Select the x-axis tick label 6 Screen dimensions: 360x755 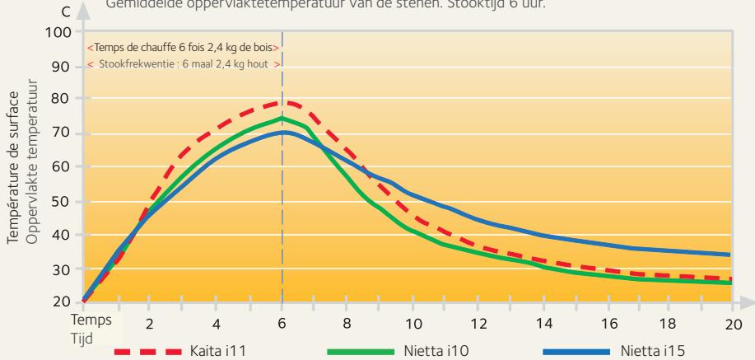point(282,323)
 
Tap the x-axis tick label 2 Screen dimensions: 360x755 point(149,323)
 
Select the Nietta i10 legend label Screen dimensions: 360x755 point(426,351)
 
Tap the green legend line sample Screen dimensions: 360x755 point(359,351)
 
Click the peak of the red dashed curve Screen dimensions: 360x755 point(283,103)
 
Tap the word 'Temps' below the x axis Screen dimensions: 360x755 point(86,317)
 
